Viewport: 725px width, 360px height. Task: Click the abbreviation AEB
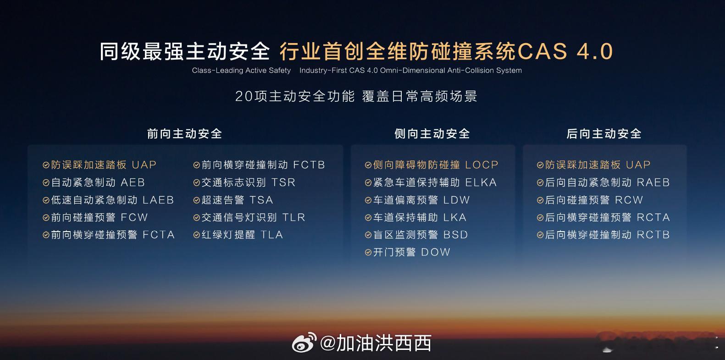pos(133,183)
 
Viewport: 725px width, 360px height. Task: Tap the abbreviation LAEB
pos(158,200)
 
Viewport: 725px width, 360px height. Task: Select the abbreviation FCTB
pos(309,165)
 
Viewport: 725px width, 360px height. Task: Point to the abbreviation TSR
pos(283,183)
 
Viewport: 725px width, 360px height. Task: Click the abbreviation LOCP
pos(481,165)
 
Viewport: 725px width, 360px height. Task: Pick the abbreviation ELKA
pos(481,183)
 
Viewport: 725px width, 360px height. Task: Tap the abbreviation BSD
pos(456,235)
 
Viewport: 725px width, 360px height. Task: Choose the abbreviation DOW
pos(436,252)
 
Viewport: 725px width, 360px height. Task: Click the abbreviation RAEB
pos(653,183)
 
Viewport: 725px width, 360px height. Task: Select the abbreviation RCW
pos(629,200)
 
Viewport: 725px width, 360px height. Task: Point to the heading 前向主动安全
pos(184,134)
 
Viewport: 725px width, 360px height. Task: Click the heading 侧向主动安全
pos(432,134)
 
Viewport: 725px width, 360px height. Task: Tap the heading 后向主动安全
pos(604,134)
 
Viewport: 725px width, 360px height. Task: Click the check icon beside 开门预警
pos(368,253)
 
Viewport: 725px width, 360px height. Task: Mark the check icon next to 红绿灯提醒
pos(196,235)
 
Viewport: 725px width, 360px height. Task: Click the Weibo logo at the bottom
pos(304,343)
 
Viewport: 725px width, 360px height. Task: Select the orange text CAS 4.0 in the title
pos(565,51)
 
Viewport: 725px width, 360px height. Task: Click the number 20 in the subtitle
pos(244,96)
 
